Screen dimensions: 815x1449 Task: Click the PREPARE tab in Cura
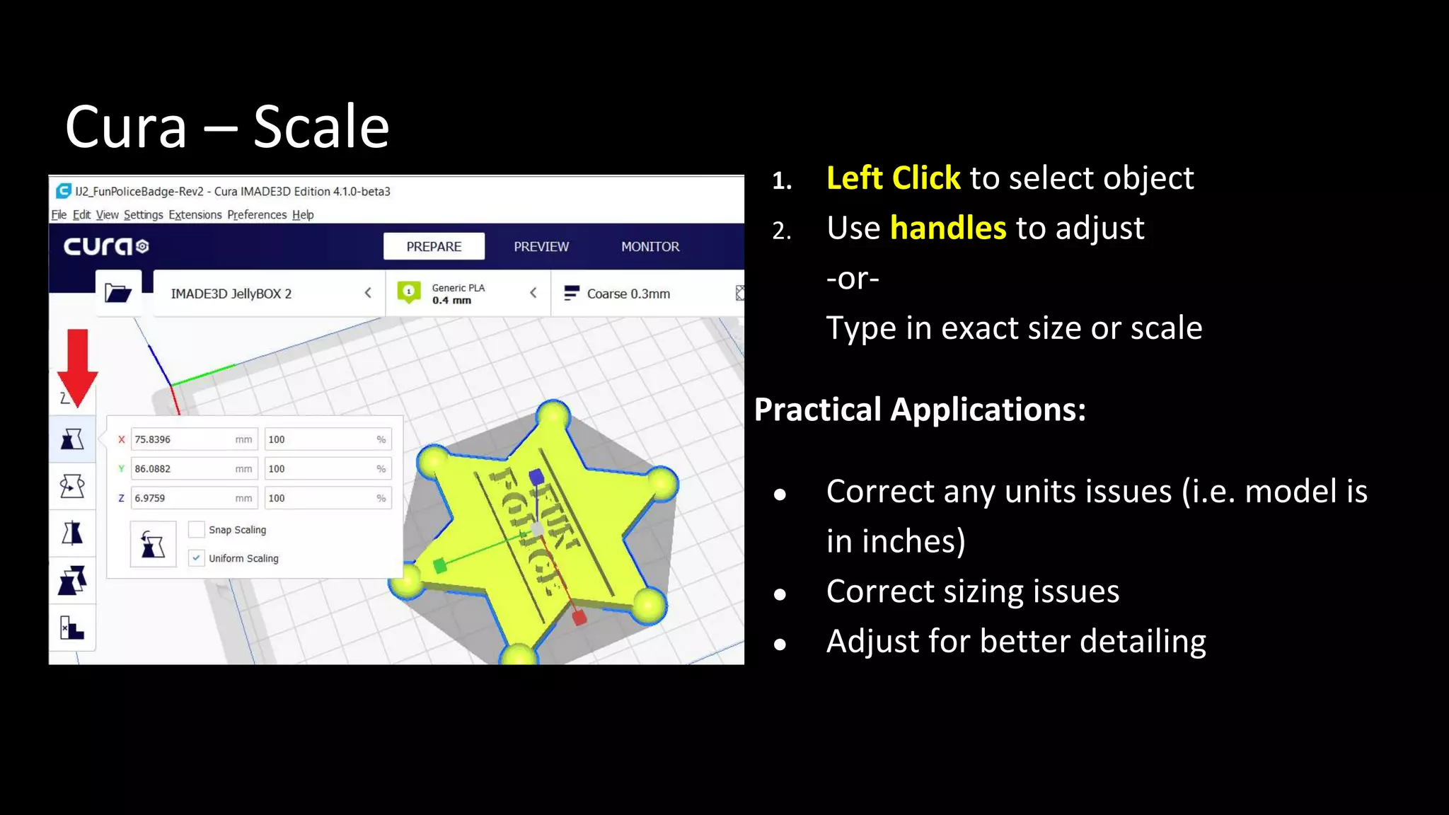(x=434, y=246)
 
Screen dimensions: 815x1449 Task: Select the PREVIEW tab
(x=541, y=246)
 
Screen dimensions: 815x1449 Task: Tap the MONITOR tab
(x=650, y=246)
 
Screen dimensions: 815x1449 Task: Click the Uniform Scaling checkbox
(x=197, y=558)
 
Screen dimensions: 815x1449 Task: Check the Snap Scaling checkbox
(x=197, y=529)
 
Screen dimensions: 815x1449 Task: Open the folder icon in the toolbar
(x=118, y=293)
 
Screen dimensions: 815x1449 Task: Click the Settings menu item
(x=143, y=214)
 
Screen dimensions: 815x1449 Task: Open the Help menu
(x=303, y=214)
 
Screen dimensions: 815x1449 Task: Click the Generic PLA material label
(x=458, y=288)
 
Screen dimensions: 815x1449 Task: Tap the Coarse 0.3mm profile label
(x=628, y=294)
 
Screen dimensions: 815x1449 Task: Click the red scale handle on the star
(x=579, y=618)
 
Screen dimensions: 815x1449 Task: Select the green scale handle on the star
(x=439, y=565)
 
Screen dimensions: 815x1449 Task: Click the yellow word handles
(x=948, y=228)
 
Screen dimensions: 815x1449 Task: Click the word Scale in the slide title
(x=321, y=127)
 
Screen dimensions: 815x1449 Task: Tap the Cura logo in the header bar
(x=106, y=246)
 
